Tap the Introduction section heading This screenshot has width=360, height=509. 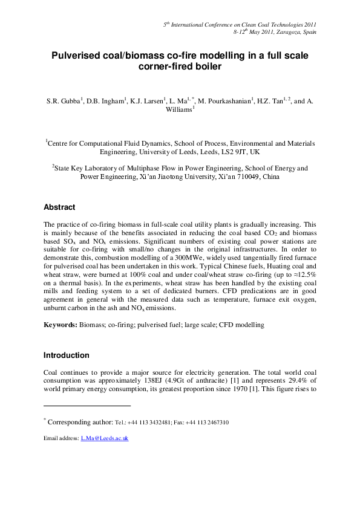(67, 355)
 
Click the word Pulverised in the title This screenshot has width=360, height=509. (77, 56)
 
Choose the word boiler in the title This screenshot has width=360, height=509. (206, 68)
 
